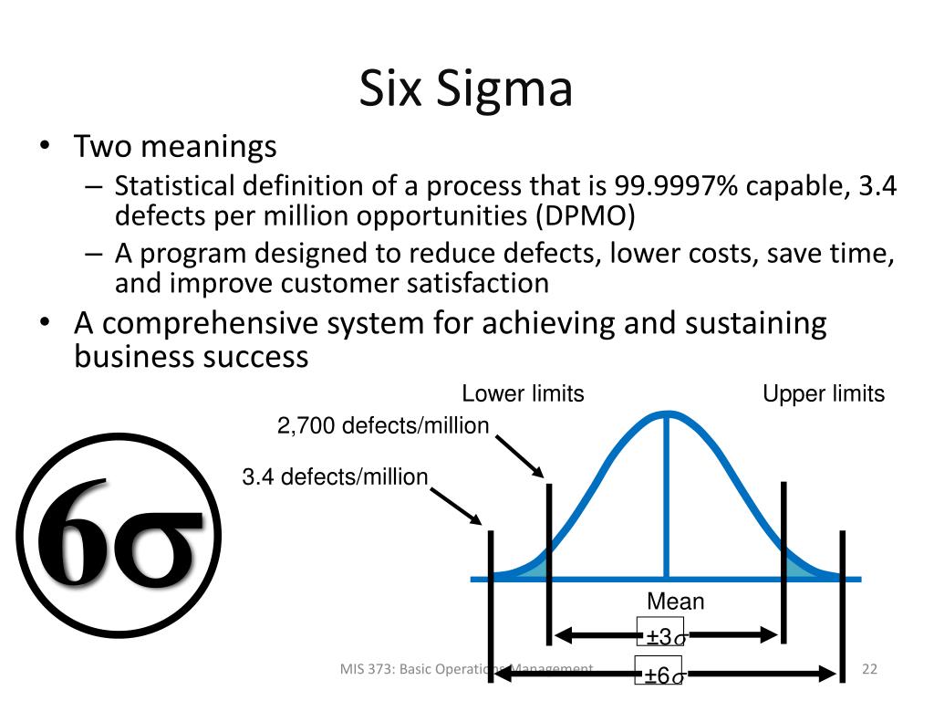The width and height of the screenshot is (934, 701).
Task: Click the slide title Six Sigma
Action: click(x=466, y=89)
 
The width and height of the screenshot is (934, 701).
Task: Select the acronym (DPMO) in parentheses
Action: click(x=586, y=215)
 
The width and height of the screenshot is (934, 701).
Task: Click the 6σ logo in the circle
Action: click(x=119, y=536)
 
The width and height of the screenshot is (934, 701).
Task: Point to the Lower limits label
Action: click(x=523, y=393)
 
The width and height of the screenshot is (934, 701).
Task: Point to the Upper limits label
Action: click(x=824, y=393)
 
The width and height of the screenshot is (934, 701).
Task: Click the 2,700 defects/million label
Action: click(x=383, y=425)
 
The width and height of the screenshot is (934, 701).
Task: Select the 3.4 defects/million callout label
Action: click(x=335, y=476)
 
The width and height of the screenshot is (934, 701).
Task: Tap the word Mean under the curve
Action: click(x=676, y=601)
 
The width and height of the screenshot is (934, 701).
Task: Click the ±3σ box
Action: click(x=660, y=632)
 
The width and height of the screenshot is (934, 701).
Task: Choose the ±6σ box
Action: click(x=659, y=670)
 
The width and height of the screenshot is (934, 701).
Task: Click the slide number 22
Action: click(x=869, y=669)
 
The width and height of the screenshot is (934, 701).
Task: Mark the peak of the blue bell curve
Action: click(x=667, y=413)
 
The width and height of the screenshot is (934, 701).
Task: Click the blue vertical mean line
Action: click(x=667, y=496)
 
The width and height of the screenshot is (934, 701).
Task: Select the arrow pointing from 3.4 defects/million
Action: click(x=456, y=506)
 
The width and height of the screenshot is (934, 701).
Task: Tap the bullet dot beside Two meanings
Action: click(x=45, y=146)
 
